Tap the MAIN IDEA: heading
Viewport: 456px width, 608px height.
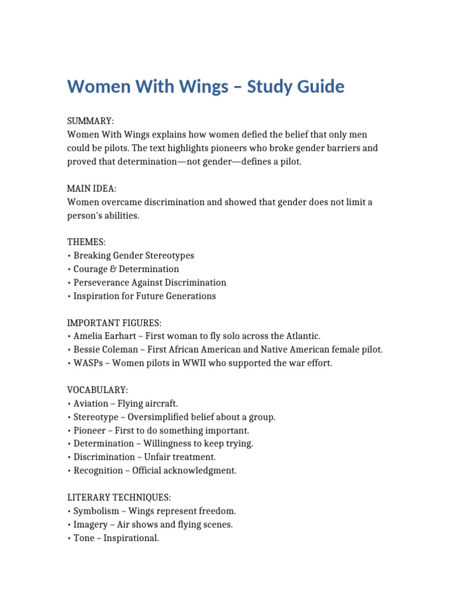[91, 189]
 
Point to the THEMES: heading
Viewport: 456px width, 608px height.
[87, 242]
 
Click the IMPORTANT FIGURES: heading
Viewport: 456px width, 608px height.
[114, 323]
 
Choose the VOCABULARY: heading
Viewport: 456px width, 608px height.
[97, 390]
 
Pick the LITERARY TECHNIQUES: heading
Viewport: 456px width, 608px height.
[119, 498]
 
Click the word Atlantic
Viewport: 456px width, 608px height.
[302, 336]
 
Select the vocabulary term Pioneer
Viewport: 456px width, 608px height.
[90, 430]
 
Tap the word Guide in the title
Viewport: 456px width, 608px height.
[319, 87]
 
